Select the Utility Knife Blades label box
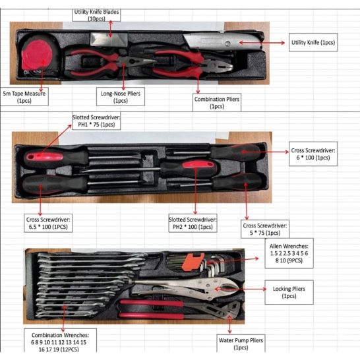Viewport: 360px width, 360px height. pyautogui.click(x=96, y=15)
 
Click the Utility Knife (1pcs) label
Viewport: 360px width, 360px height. pyautogui.click(x=313, y=42)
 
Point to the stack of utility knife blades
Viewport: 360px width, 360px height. pyautogui.click(x=109, y=39)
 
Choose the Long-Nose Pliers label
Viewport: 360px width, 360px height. pyautogui.click(x=121, y=97)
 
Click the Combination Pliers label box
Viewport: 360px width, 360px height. pyautogui.click(x=217, y=102)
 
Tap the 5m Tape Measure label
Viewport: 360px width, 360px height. pyautogui.click(x=24, y=97)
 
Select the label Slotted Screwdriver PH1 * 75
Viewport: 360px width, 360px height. pyautogui.click(x=96, y=121)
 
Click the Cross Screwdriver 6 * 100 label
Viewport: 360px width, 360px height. pyautogui.click(x=313, y=154)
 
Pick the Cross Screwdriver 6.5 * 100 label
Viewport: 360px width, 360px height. pyautogui.click(x=48, y=223)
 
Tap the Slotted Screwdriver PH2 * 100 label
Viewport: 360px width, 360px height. pyautogui.click(x=193, y=223)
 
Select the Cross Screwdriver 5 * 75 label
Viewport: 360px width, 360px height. pyautogui.click(x=265, y=229)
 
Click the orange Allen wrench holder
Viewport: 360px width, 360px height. pyautogui.click(x=193, y=261)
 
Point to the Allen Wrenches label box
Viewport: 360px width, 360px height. pyautogui.click(x=289, y=253)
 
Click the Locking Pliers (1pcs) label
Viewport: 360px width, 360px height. pyautogui.click(x=289, y=292)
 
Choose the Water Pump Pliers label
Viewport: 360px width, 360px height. pyautogui.click(x=241, y=344)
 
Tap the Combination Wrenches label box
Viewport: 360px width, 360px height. pyautogui.click(x=60, y=340)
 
